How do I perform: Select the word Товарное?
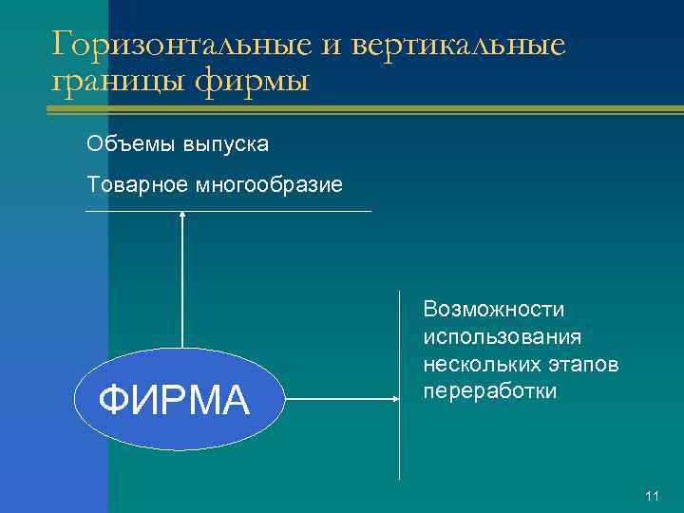click(x=137, y=183)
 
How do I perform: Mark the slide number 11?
click(x=652, y=496)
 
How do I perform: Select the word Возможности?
click(x=494, y=309)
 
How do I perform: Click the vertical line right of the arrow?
click(x=400, y=446)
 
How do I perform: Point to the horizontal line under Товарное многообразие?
click(x=285, y=211)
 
